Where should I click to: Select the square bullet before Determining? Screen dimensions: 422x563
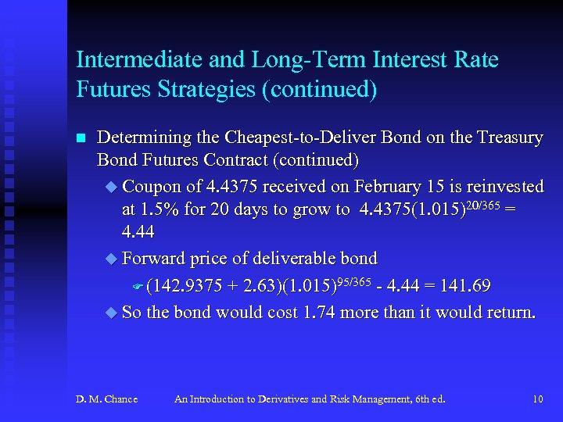tap(80, 138)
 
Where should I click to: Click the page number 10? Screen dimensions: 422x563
tap(537, 399)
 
